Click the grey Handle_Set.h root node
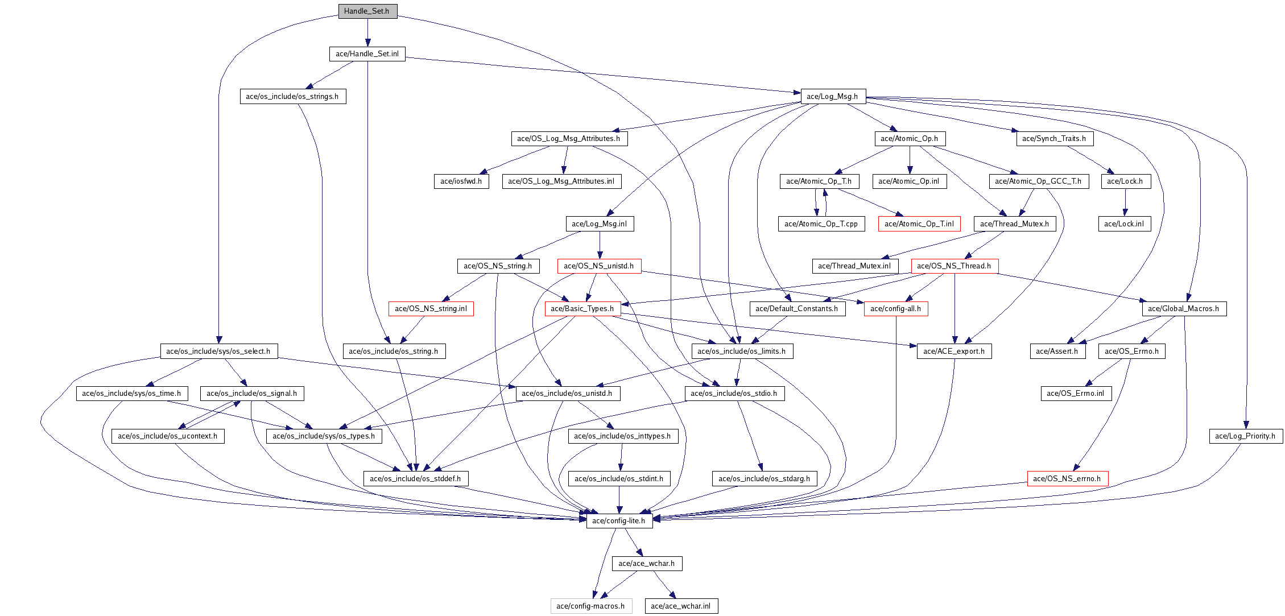tap(367, 11)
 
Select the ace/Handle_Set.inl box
tap(367, 54)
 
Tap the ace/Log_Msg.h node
tap(833, 97)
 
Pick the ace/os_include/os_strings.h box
tap(292, 97)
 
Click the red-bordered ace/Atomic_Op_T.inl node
tap(919, 224)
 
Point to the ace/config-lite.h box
tap(619, 521)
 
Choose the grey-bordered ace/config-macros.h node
tap(590, 606)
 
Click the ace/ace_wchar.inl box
tap(681, 606)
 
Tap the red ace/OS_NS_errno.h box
tap(1067, 479)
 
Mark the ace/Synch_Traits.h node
tap(1054, 139)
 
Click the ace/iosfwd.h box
tap(461, 181)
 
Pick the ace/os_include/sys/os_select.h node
tap(218, 352)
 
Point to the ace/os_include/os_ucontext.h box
tap(168, 436)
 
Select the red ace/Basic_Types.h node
tap(582, 309)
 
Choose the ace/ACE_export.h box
tap(954, 352)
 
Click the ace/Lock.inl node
tap(1124, 224)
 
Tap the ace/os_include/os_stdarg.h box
tap(765, 479)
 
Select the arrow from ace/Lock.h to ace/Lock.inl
tap(1125, 202)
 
